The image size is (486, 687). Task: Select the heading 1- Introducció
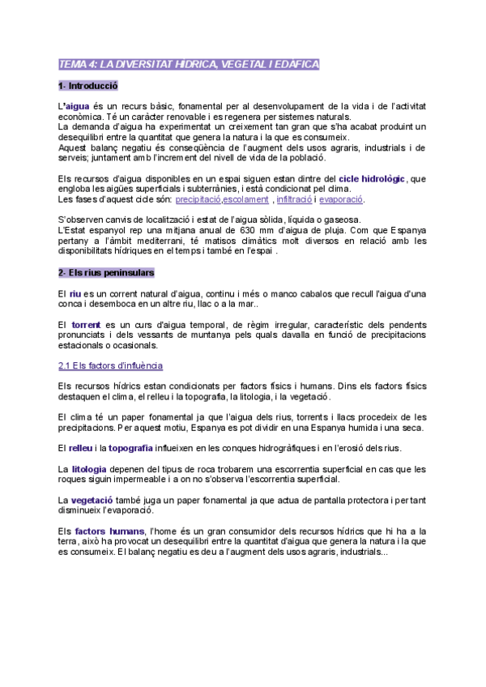tap(88, 85)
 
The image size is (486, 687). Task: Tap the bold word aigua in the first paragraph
tap(77, 106)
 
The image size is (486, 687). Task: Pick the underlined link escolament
tap(246, 199)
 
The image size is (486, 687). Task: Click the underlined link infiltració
tap(294, 199)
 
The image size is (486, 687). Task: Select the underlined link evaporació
tap(341, 199)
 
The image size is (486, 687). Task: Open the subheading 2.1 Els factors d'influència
tap(111, 366)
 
